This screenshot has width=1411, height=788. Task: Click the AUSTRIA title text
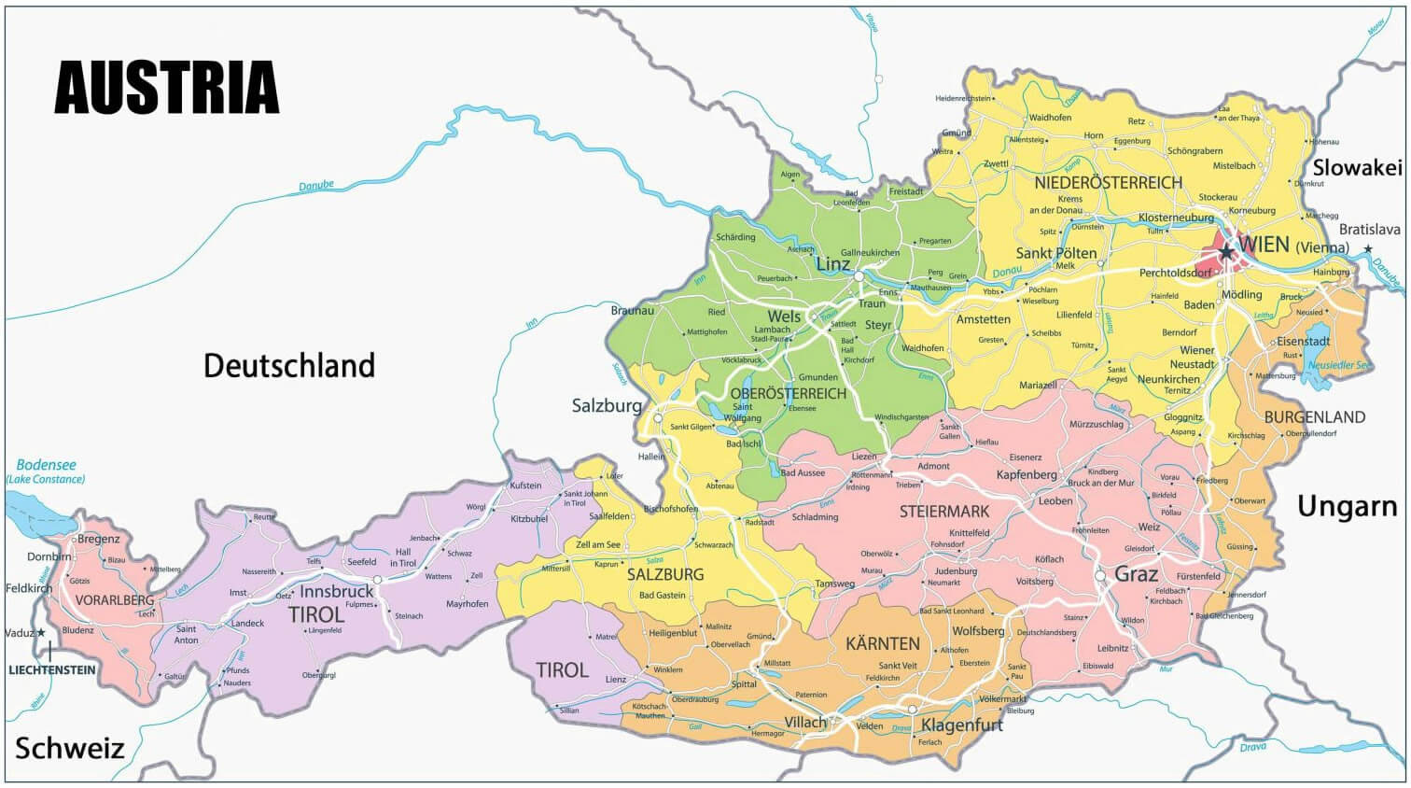(167, 88)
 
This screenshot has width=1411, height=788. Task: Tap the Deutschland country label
(289, 365)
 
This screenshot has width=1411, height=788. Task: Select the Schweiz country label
(69, 748)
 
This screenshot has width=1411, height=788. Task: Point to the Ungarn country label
(1347, 507)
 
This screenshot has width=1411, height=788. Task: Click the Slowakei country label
(1357, 168)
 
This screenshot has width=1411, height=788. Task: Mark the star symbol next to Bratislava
(1368, 248)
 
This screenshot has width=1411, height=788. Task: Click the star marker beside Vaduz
(41, 633)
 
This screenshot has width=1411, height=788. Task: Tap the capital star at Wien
(1225, 253)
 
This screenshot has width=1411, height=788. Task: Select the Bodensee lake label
(46, 465)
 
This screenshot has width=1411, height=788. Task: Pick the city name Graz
(1137, 574)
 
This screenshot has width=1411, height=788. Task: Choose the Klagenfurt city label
(962, 725)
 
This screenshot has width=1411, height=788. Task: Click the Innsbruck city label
(336, 592)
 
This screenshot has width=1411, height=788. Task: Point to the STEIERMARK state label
(943, 512)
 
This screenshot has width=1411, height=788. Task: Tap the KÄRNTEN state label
(882, 644)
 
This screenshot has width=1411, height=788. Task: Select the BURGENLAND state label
(1314, 417)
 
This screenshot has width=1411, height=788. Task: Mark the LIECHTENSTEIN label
(52, 669)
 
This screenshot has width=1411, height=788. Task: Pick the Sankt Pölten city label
(1055, 253)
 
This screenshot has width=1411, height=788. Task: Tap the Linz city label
(832, 264)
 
